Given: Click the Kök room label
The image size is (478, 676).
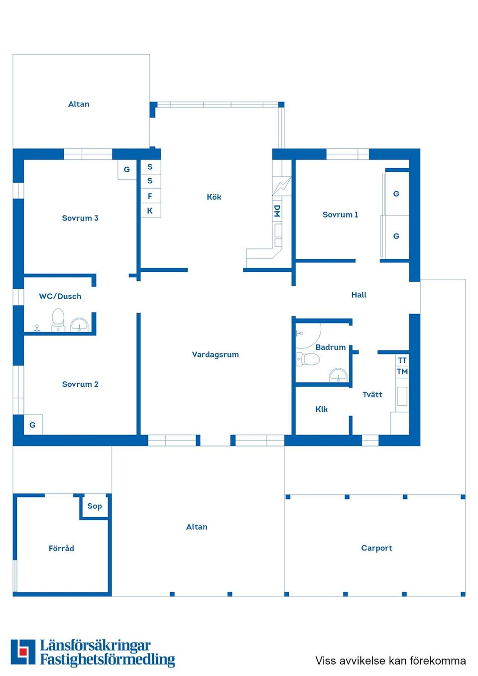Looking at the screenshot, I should (214, 197).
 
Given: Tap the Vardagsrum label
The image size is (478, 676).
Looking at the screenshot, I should (215, 354).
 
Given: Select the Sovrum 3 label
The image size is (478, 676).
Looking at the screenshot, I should (80, 218).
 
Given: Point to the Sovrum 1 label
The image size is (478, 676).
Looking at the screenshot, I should (340, 215).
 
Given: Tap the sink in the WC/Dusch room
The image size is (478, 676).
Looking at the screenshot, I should (79, 325).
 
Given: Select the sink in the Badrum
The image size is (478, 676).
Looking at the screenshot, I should (339, 375).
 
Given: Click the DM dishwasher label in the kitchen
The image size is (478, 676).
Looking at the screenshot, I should (277, 211).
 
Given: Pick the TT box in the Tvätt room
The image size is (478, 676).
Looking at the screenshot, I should (402, 360).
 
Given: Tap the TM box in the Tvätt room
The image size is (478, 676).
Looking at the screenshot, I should (402, 372).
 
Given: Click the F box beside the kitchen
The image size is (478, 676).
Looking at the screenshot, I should (150, 196).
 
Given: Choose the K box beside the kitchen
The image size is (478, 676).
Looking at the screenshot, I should (150, 211).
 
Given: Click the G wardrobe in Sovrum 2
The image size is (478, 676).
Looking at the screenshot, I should (33, 425).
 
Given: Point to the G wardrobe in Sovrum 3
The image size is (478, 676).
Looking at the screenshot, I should (126, 169).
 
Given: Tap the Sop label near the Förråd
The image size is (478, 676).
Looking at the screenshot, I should (95, 506).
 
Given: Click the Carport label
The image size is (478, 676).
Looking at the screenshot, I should (376, 548).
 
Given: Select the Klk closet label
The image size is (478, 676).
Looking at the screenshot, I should (322, 409).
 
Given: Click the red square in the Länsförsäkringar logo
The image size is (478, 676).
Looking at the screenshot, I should (22, 651).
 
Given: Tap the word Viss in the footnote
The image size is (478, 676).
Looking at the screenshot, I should (326, 661).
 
